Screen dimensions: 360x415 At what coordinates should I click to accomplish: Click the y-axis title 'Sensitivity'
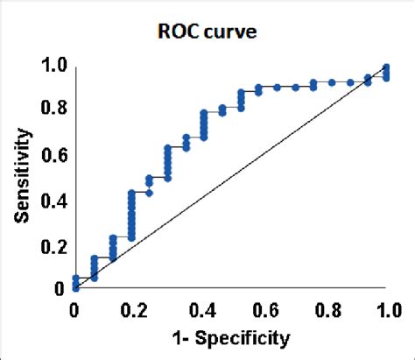click(x=25, y=176)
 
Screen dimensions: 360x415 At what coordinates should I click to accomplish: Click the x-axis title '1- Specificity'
click(x=231, y=336)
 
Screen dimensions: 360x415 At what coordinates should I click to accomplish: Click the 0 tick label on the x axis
click(x=74, y=309)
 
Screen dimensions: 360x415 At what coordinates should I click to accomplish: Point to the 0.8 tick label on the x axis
click(x=325, y=309)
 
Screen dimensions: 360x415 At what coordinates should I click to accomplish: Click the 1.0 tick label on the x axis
click(x=388, y=309)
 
